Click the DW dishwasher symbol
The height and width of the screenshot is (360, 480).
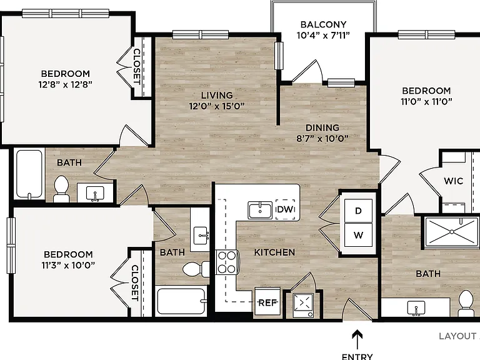(x=285, y=210)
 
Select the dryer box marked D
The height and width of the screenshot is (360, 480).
(x=359, y=211)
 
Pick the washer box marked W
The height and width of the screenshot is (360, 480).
(x=359, y=235)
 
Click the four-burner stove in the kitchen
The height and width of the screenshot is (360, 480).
(x=227, y=262)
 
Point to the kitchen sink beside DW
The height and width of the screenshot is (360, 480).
(x=260, y=210)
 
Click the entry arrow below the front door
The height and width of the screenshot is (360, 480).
(x=357, y=339)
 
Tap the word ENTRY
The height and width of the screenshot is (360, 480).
(x=357, y=357)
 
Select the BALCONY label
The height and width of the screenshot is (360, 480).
(x=323, y=24)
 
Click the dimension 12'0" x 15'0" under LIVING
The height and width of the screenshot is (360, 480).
(x=217, y=106)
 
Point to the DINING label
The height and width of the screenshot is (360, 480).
(x=322, y=127)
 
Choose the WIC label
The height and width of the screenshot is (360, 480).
(x=453, y=181)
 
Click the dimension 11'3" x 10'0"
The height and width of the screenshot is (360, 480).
(x=68, y=265)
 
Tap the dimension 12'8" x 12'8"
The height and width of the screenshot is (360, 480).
(x=65, y=84)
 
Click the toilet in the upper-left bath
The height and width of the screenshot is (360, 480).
(x=61, y=189)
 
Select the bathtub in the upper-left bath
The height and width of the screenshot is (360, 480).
(x=29, y=174)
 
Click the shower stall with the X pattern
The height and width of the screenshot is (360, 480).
(x=452, y=232)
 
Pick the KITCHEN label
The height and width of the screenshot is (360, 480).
(x=274, y=252)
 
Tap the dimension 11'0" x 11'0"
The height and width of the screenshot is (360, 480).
(x=426, y=101)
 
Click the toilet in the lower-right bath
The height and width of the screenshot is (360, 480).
(x=466, y=303)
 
